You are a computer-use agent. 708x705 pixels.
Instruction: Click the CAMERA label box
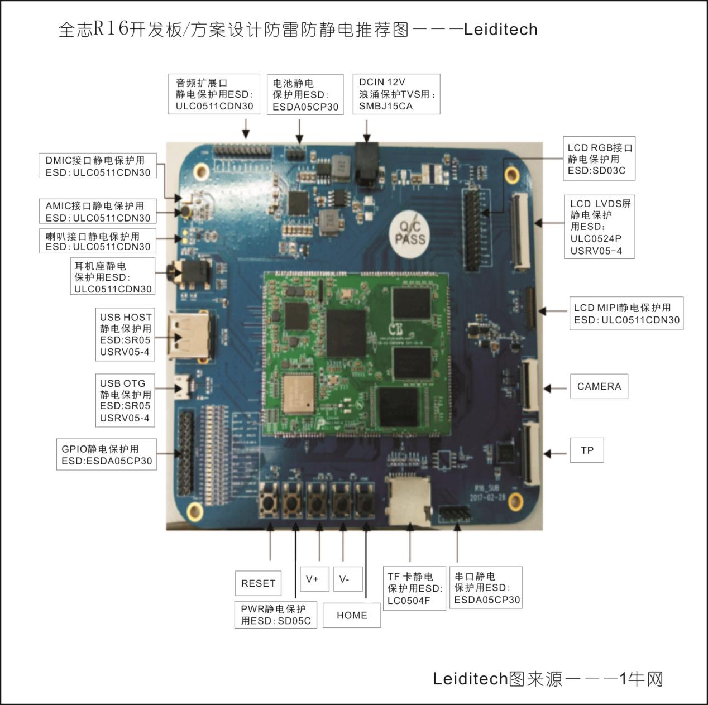click(x=599, y=386)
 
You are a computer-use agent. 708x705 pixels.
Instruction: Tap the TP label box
click(x=587, y=450)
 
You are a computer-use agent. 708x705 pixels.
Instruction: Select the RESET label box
click(x=258, y=583)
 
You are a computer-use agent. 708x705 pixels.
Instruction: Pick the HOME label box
click(x=352, y=615)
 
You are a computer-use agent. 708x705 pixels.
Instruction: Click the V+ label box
click(x=314, y=579)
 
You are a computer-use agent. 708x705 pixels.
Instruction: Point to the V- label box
click(x=348, y=579)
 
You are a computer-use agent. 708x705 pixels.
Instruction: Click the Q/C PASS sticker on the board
click(x=410, y=234)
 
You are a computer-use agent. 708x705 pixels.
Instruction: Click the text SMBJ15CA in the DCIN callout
click(x=386, y=106)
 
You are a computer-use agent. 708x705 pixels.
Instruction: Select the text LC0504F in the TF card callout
click(x=409, y=601)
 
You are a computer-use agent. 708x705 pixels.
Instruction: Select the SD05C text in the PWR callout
click(x=294, y=621)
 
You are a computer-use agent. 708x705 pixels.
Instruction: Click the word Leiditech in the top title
click(x=501, y=30)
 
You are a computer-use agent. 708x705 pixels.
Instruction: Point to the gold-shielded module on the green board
click(x=299, y=394)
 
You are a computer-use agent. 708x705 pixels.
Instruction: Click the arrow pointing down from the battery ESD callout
click(x=300, y=131)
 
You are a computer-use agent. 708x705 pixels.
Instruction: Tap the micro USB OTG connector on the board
click(x=184, y=387)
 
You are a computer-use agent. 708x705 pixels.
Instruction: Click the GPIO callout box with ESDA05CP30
click(x=107, y=454)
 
